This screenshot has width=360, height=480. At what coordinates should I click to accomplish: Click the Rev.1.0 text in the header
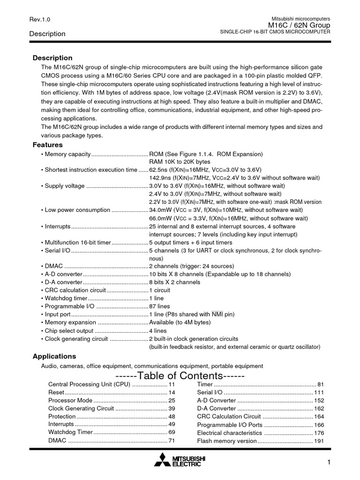[39, 19]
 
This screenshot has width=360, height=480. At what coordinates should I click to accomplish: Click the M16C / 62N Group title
[299, 25]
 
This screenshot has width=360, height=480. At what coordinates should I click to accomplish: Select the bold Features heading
[47, 145]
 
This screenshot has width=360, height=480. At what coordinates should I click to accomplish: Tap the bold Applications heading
[54, 356]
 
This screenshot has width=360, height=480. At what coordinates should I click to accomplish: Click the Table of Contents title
[180, 376]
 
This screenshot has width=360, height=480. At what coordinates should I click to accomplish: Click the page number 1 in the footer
[329, 463]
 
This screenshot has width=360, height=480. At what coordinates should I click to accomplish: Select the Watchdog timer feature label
[66, 298]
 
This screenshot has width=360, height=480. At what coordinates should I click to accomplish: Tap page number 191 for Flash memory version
[319, 441]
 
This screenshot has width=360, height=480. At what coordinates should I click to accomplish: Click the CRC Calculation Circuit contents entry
[229, 416]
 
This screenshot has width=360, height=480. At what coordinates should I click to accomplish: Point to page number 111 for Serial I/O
[319, 392]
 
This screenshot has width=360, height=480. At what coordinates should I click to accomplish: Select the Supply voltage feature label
[65, 186]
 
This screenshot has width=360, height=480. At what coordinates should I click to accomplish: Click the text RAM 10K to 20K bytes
[180, 162]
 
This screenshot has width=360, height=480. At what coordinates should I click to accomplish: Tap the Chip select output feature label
[67, 330]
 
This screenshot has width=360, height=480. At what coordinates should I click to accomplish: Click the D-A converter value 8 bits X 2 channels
[174, 282]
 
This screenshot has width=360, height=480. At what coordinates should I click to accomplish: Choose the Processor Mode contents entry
[70, 400]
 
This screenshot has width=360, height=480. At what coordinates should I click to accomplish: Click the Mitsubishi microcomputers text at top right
[298, 18]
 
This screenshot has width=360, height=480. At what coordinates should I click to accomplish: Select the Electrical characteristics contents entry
[229, 433]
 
